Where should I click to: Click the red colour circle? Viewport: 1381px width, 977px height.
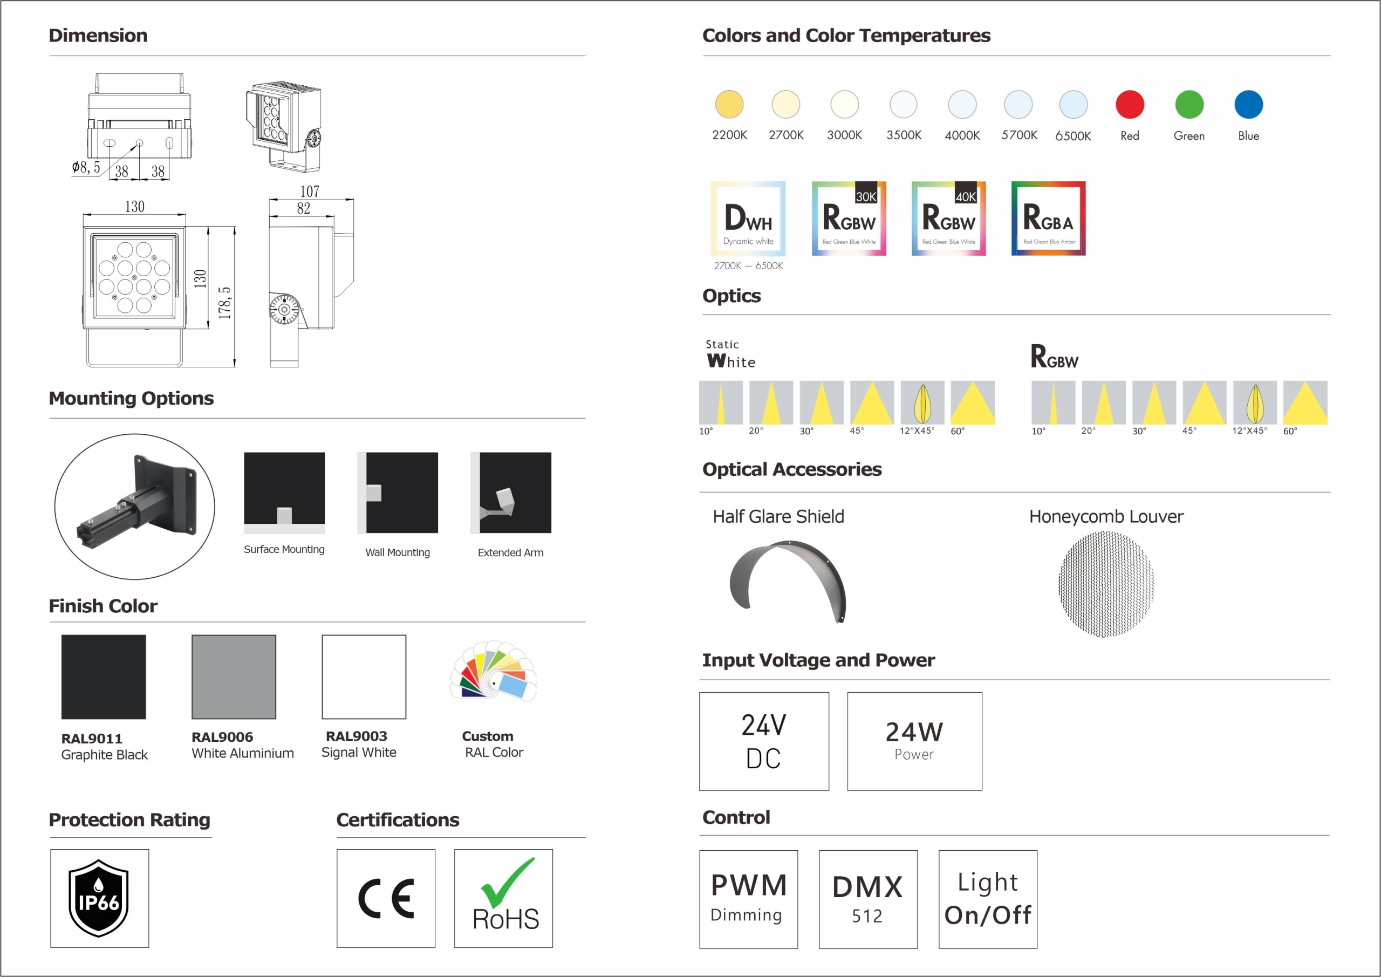(1130, 105)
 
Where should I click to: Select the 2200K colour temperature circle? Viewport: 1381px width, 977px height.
(729, 105)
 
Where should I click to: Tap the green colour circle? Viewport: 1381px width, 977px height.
(1189, 105)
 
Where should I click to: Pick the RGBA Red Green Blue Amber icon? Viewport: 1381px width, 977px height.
(1048, 218)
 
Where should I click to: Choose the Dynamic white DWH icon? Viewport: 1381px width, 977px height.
(748, 218)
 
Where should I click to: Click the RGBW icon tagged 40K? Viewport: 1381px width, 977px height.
(948, 218)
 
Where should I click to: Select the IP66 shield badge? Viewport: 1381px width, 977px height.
(99, 898)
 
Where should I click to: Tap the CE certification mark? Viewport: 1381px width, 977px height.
(386, 899)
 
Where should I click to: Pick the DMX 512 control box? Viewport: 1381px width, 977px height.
(868, 899)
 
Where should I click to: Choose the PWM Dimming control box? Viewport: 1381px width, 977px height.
(748, 899)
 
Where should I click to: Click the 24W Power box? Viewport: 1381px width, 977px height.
(914, 741)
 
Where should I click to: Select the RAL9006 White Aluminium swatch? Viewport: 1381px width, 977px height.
(234, 677)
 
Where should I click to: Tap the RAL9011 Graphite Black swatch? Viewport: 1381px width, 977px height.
(104, 677)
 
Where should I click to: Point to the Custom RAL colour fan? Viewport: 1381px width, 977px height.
(493, 670)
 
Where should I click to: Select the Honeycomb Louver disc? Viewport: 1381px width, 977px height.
(1106, 584)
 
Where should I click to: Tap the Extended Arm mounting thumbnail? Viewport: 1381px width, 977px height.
(511, 493)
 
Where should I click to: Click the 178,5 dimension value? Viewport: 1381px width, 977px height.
(224, 303)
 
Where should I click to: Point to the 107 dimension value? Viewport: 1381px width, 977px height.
(310, 192)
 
